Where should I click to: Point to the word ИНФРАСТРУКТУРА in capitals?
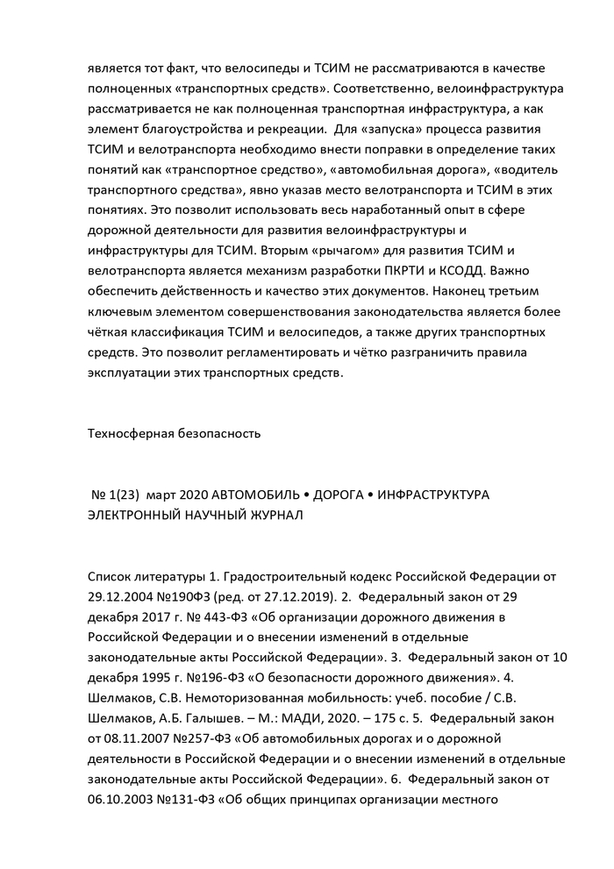432,495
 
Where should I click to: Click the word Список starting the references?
114,579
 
